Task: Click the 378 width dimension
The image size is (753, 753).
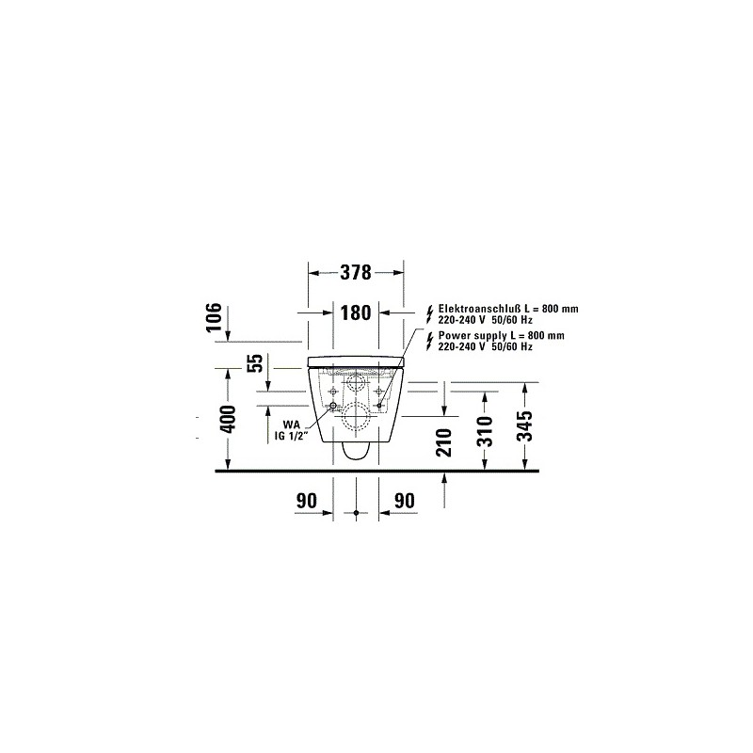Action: [356, 272]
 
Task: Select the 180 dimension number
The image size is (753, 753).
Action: [356, 313]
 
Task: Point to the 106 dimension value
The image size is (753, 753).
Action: [214, 317]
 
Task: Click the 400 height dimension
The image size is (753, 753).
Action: [229, 419]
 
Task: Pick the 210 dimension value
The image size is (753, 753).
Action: [445, 442]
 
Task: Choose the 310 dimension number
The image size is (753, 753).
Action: [486, 431]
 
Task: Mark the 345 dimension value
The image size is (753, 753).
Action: [525, 426]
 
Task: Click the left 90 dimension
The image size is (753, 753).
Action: [307, 501]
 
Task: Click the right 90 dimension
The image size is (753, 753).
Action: [404, 501]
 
